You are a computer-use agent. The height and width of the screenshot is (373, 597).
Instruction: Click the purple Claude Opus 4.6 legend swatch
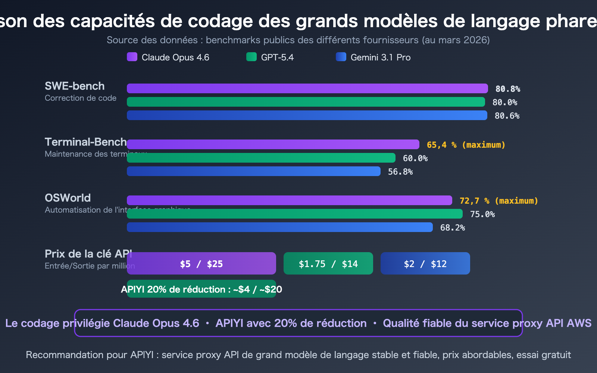point(132,57)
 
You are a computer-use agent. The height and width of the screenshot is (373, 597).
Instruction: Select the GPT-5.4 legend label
point(277,57)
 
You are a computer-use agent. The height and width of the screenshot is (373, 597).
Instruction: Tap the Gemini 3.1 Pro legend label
point(380,57)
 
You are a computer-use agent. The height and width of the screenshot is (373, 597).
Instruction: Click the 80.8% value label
point(507,89)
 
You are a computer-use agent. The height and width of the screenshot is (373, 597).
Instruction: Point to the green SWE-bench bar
point(306,102)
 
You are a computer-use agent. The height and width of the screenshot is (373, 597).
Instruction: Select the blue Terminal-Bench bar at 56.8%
point(254,171)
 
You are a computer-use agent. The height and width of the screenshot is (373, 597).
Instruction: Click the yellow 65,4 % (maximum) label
point(466,145)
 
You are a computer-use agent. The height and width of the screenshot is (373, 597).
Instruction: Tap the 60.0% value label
point(415,158)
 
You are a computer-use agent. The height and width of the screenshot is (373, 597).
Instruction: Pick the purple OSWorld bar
point(289,200)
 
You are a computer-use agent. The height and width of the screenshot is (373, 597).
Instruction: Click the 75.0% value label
point(482,214)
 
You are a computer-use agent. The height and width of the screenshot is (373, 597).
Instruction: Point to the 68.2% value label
point(452,228)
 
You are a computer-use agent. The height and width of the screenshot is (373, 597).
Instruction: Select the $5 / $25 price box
point(201,264)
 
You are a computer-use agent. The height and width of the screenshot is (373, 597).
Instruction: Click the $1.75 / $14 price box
point(328,264)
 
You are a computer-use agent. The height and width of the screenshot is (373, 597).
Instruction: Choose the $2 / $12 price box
point(425,264)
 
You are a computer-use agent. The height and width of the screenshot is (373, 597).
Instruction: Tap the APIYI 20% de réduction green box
point(201,289)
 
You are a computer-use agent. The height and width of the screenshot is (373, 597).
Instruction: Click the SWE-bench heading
point(75,86)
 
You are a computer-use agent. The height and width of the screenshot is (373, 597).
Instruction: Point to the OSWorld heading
point(68,198)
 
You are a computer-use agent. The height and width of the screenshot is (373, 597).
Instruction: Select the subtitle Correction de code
point(81,98)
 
